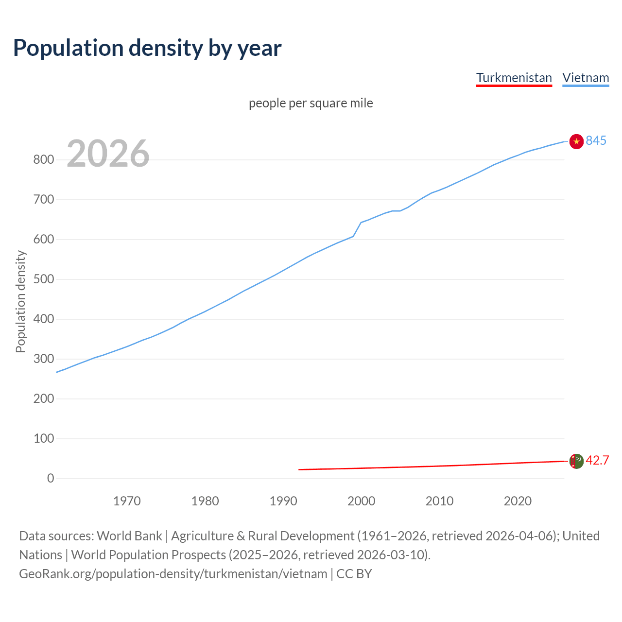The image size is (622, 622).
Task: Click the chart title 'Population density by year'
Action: point(147,48)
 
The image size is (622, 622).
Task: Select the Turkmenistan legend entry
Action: point(514,78)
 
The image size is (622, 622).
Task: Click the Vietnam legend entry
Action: point(586,78)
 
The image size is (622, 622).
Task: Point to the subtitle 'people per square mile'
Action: point(311,104)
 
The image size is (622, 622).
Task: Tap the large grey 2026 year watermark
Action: point(108,154)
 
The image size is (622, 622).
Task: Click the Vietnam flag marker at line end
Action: point(576,141)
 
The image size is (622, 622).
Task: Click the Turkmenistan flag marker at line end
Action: point(576,461)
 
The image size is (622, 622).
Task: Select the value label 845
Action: point(596,141)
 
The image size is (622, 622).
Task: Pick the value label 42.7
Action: point(597,461)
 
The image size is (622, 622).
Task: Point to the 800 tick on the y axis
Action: point(44,160)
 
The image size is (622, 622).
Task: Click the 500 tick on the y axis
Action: point(44,279)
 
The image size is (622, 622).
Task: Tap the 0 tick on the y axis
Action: point(51,479)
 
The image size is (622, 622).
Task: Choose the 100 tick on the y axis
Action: point(44,439)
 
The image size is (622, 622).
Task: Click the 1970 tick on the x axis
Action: point(127,501)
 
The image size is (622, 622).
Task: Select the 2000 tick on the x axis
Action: point(361,501)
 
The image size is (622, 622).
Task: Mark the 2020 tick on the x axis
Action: point(518,501)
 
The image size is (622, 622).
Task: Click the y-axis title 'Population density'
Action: point(20,301)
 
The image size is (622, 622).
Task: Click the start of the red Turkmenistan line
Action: point(299,469)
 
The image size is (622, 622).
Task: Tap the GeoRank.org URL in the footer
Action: point(173,574)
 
